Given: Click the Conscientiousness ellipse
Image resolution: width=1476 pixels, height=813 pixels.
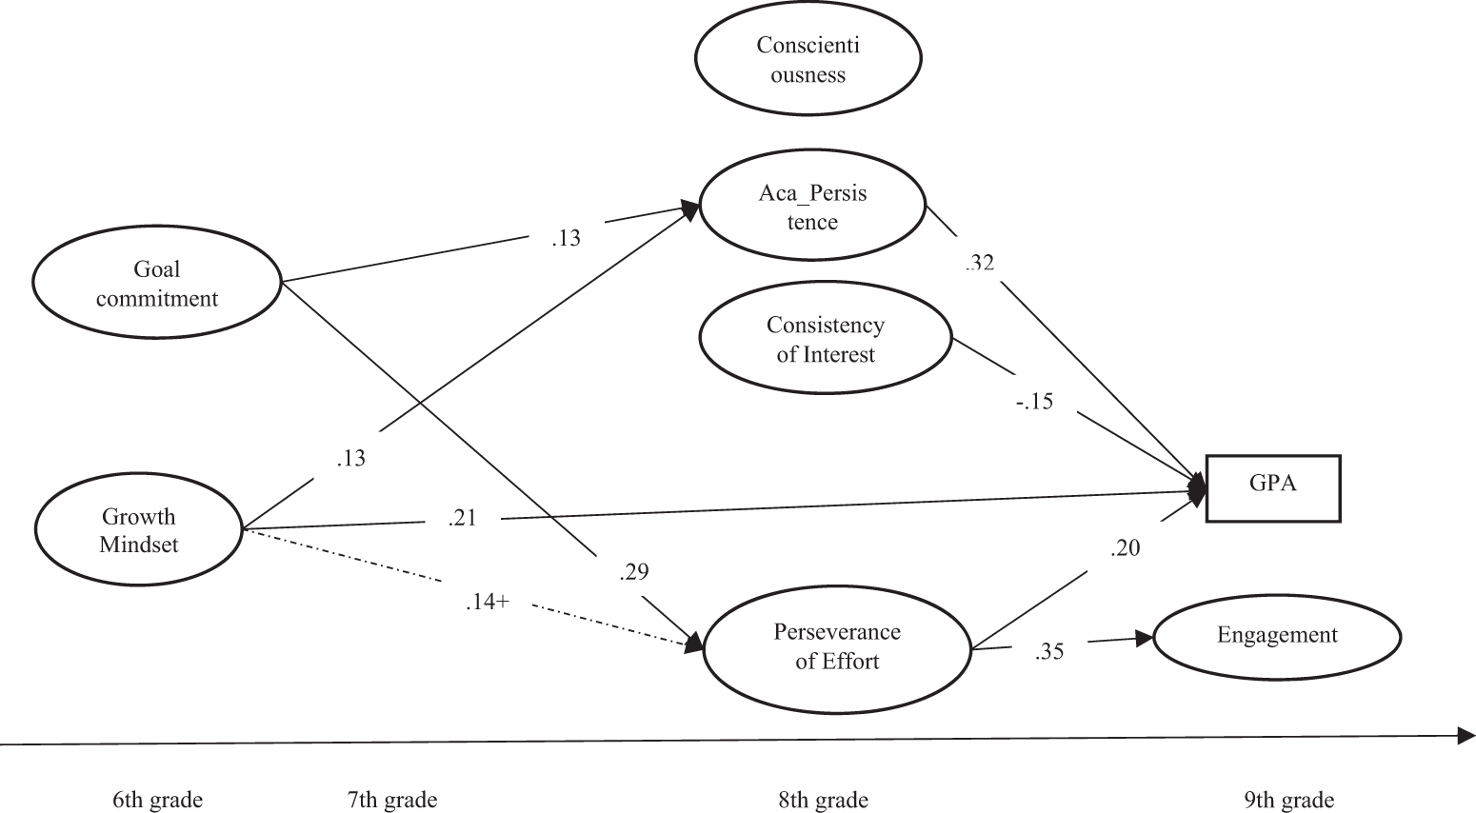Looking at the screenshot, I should pos(808,60).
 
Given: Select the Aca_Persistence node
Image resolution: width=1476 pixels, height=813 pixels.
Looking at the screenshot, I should pos(812,208).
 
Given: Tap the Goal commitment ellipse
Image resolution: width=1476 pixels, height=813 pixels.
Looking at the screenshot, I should pos(157,284).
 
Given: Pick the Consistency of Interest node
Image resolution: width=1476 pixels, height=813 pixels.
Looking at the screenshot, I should pos(826,340).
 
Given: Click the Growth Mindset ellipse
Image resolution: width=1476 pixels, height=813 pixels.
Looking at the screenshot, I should pos(139,530).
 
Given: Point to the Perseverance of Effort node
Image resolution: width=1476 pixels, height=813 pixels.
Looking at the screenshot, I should pos(837,646).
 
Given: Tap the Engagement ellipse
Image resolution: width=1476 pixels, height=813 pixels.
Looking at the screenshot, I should pos(1277,636).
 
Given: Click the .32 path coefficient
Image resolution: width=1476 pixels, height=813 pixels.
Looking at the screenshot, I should pos(979,263).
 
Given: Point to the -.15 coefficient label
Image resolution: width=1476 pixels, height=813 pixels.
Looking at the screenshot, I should pos(1033,402).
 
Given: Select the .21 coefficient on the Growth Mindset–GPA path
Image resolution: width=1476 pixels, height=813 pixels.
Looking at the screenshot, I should pos(461,518).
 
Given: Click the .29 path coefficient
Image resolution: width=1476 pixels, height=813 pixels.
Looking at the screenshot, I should pos(633,572).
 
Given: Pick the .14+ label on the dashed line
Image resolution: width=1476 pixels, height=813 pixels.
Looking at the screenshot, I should pos(487,602).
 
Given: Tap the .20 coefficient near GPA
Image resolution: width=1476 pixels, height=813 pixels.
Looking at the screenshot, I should pos(1125,548).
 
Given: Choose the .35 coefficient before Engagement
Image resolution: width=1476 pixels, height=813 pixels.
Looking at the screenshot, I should pos(1048,652).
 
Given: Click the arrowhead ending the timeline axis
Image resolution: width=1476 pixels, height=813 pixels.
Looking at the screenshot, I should pos(1466,735).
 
